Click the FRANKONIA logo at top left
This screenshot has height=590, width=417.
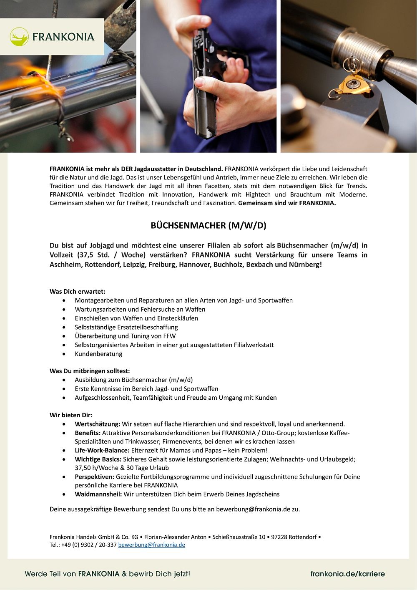click(52, 37)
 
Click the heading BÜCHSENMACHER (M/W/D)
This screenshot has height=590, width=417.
click(208, 226)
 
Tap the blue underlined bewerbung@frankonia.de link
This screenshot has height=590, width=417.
click(151, 545)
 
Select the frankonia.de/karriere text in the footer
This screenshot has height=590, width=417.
click(347, 574)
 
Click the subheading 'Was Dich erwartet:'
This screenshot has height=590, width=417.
click(78, 291)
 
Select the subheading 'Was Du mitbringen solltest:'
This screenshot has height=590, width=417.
click(90, 371)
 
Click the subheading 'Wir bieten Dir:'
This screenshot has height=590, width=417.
click(71, 415)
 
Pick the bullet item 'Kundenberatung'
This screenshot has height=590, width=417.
click(98, 354)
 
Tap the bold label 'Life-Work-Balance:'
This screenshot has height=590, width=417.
click(102, 450)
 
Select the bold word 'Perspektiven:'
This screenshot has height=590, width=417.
click(95, 477)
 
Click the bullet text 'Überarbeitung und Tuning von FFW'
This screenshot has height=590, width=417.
click(125, 336)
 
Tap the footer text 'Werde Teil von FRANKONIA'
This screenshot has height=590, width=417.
click(72, 574)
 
